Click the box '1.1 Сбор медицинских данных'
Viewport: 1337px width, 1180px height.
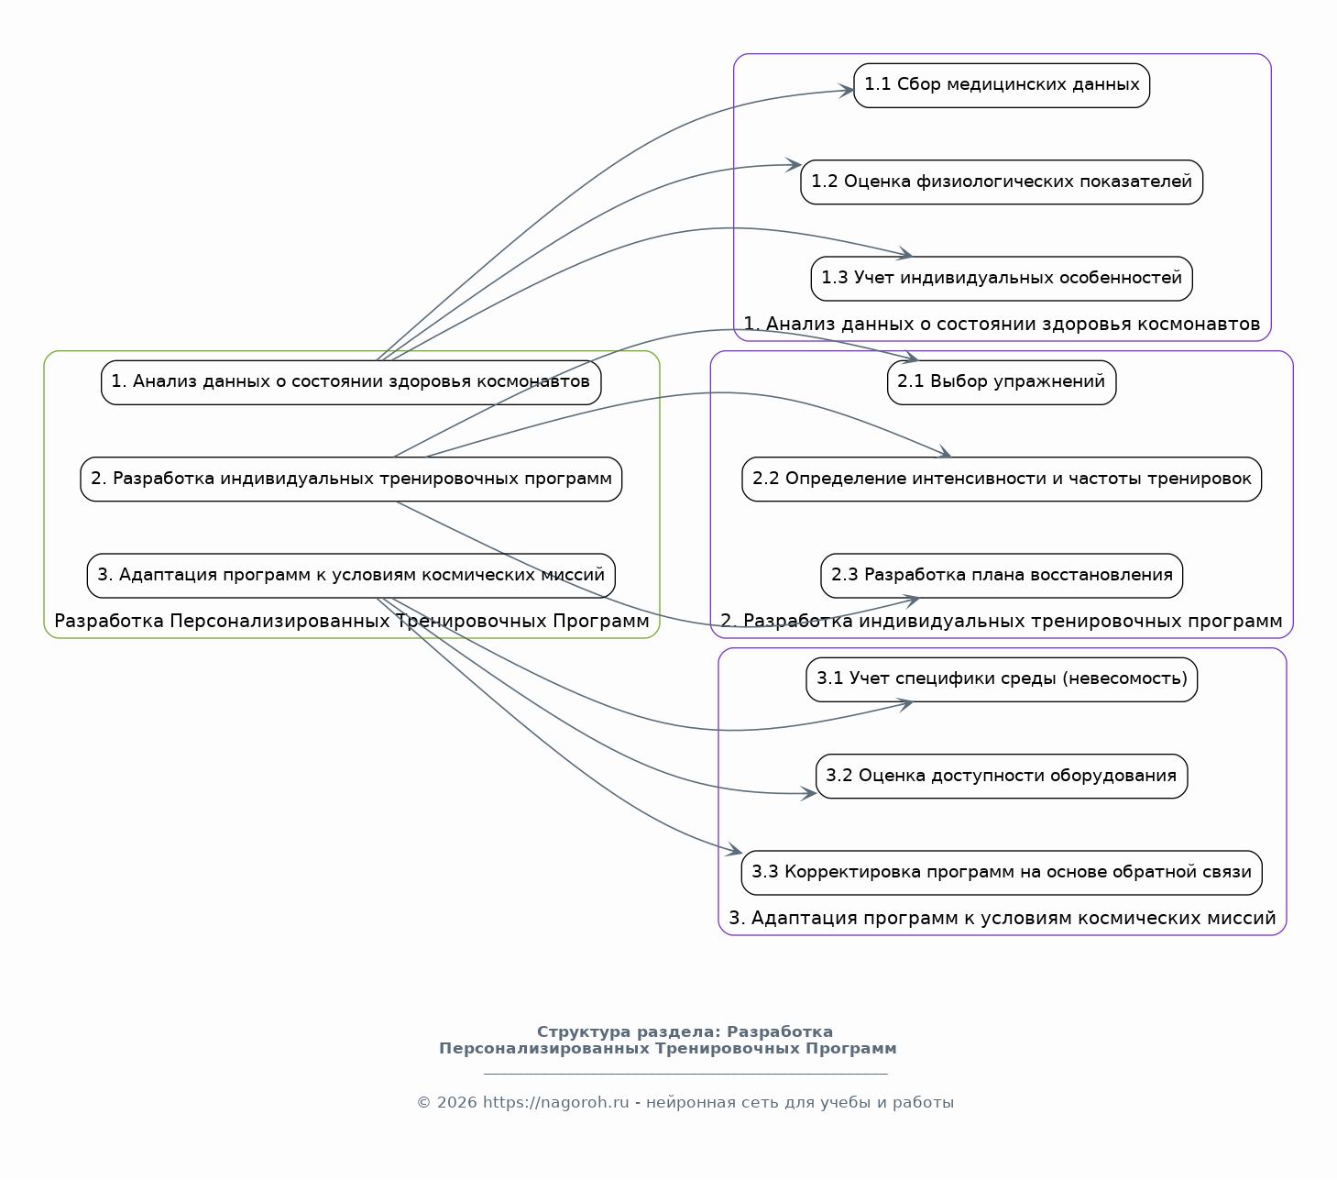point(1001,85)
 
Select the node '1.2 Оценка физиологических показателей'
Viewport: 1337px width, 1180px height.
point(1001,182)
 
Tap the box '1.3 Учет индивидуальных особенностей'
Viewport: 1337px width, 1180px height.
point(1001,278)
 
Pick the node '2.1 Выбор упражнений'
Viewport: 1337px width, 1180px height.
point(1001,381)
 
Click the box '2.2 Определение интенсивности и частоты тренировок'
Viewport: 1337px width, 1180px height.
point(1001,479)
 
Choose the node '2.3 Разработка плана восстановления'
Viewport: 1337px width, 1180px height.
point(1001,575)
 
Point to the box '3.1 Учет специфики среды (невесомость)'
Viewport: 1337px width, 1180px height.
point(1001,678)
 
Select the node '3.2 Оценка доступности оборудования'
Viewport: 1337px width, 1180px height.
point(1001,776)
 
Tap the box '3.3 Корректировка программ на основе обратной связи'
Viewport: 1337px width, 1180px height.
point(1001,872)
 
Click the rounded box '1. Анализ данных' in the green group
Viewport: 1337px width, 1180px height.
point(351,381)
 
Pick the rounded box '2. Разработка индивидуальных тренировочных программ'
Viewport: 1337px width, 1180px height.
point(351,479)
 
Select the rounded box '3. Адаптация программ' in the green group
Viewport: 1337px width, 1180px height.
point(351,575)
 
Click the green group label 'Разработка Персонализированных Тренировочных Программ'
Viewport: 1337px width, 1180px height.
point(352,622)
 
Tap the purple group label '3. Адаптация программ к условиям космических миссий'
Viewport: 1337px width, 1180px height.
point(1002,919)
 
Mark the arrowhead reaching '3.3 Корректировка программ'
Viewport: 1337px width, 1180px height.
point(735,850)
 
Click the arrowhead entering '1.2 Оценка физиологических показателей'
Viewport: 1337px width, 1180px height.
point(794,164)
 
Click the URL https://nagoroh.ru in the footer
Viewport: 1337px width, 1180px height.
point(555,1102)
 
